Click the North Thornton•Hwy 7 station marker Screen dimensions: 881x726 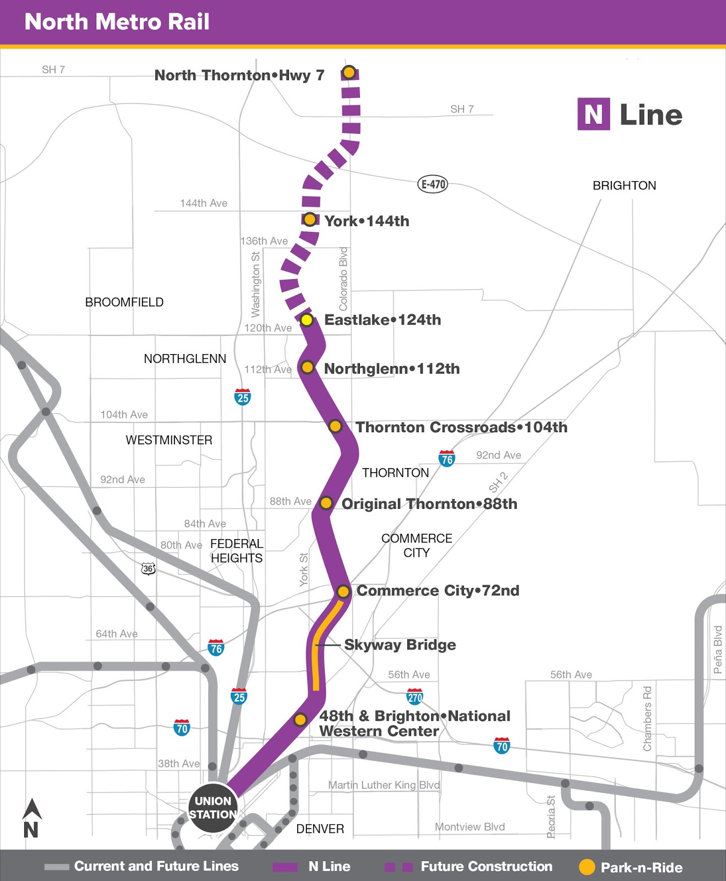349,72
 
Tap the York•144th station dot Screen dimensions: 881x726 310,220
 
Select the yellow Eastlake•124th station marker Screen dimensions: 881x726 307,320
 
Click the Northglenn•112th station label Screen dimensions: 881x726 391,368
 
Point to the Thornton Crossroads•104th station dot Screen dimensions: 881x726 335,426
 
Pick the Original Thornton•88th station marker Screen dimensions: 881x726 326,503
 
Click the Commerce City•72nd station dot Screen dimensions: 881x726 343,591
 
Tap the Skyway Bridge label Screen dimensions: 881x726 400,645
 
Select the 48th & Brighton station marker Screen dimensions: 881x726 300,720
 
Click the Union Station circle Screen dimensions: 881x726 213,808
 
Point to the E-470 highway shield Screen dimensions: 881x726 433,184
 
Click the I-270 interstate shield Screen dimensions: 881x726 414,697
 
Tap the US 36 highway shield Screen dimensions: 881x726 148,569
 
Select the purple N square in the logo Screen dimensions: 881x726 593,115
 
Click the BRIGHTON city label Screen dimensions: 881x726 624,186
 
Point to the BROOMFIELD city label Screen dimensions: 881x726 124,302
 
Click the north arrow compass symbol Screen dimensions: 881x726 31,818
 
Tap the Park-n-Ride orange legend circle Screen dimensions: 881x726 587,867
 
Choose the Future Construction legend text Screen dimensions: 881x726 487,867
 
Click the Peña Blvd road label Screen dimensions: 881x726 718,650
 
